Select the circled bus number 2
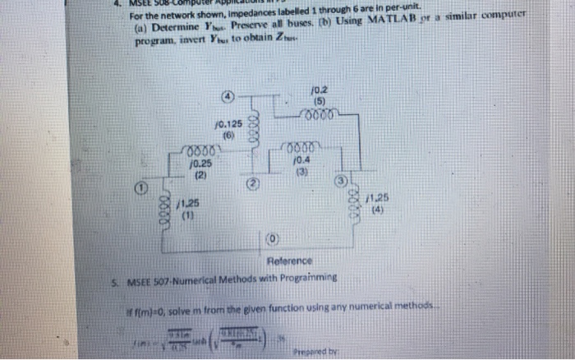click(x=254, y=180)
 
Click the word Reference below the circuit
click(x=290, y=261)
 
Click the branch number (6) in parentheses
click(x=227, y=135)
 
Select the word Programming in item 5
click(x=308, y=279)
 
